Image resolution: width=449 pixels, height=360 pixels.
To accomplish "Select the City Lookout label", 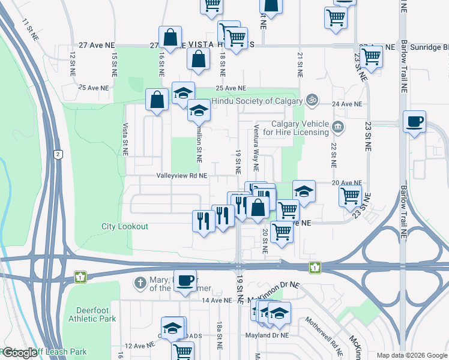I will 124,227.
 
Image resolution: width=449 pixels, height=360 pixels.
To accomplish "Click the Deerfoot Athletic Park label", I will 92,314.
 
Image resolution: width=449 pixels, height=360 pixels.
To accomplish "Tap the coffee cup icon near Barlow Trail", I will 414,122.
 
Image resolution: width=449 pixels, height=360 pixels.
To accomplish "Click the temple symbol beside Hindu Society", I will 311,100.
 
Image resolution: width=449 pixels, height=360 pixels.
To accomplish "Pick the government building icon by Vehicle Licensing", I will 339,127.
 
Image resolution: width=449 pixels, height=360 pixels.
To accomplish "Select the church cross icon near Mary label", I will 139,282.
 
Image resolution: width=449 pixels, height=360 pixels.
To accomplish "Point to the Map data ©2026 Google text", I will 412,355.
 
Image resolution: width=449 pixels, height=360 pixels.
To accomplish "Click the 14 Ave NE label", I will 216,300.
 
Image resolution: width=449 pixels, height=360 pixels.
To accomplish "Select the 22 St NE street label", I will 333,154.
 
